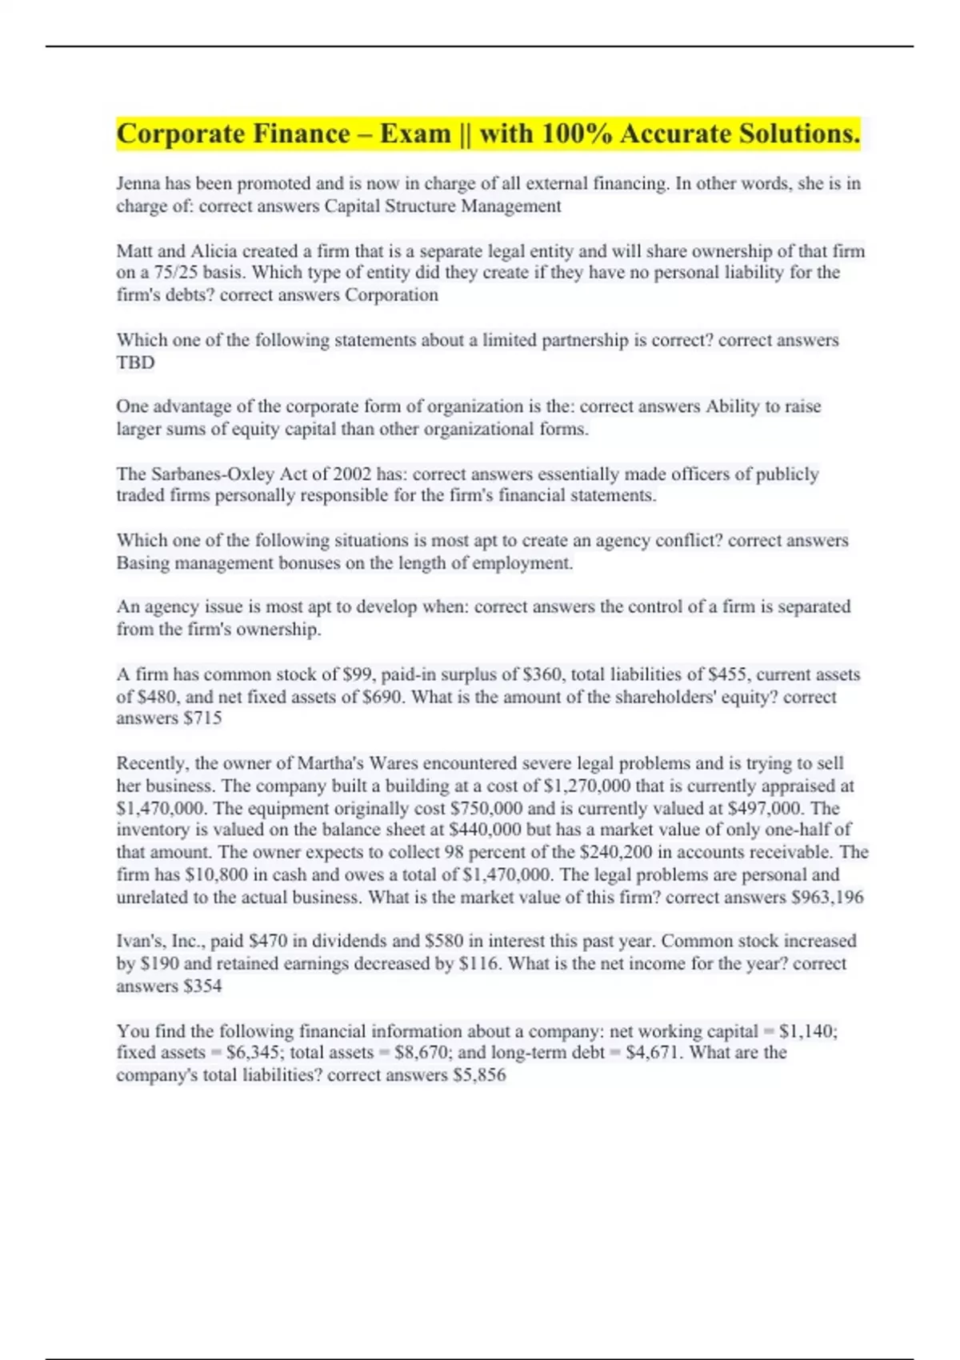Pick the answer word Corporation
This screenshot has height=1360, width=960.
[x=391, y=295]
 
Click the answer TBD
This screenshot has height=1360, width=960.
[x=135, y=362]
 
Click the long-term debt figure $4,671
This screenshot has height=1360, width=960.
[x=652, y=1053]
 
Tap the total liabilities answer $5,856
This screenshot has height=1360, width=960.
[x=479, y=1075]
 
